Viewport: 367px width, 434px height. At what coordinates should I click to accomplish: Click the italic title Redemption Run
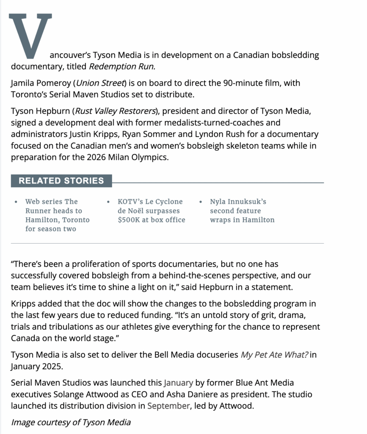122,67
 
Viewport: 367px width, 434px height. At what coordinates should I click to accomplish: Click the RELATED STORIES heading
61,181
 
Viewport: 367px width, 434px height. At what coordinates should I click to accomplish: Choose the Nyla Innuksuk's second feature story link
242,211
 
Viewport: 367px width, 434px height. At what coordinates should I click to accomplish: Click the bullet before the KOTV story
109,202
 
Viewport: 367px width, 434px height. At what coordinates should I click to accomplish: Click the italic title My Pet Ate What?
274,355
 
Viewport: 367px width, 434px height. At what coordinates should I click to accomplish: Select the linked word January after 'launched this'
178,383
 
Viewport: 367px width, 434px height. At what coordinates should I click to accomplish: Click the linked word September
168,406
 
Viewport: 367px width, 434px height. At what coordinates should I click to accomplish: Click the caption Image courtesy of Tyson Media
71,422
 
